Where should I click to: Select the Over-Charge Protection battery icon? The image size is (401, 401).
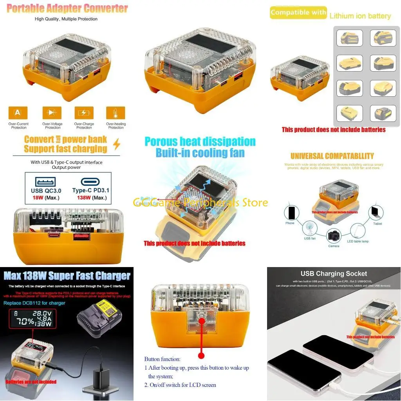[84, 113]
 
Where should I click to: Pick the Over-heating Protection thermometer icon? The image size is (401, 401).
[116, 113]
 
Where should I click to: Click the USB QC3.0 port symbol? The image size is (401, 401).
[45, 182]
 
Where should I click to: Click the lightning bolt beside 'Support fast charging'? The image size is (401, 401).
[116, 145]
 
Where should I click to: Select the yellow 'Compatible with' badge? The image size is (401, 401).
[298, 13]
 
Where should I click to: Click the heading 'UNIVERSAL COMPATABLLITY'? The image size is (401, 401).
[332, 156]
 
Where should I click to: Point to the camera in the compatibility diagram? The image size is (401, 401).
[334, 236]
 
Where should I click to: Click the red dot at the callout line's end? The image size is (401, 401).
[201, 356]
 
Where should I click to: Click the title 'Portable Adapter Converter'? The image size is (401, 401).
[67, 8]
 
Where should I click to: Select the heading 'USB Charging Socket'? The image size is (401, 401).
[334, 274]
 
